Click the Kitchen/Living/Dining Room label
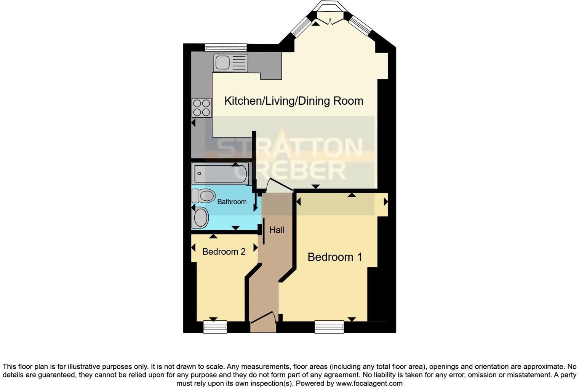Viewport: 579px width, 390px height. (294, 101)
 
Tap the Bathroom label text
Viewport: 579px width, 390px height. (232, 201)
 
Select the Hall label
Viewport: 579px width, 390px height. (277, 230)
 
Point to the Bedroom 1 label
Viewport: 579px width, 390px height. (335, 257)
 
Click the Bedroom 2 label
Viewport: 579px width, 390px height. (224, 252)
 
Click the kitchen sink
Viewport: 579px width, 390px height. (230, 63)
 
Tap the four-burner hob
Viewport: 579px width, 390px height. (202, 108)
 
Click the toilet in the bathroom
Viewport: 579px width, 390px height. (203, 196)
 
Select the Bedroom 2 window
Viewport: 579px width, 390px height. (215, 327)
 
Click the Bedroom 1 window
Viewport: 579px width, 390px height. (329, 327)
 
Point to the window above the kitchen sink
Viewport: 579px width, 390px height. (226, 47)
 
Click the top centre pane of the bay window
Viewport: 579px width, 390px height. (330, 6)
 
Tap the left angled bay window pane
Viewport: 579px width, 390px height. (301, 26)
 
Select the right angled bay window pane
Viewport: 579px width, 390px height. (360, 26)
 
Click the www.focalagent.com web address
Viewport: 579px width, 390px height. (369, 384)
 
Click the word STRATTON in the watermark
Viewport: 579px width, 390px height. (289, 148)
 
